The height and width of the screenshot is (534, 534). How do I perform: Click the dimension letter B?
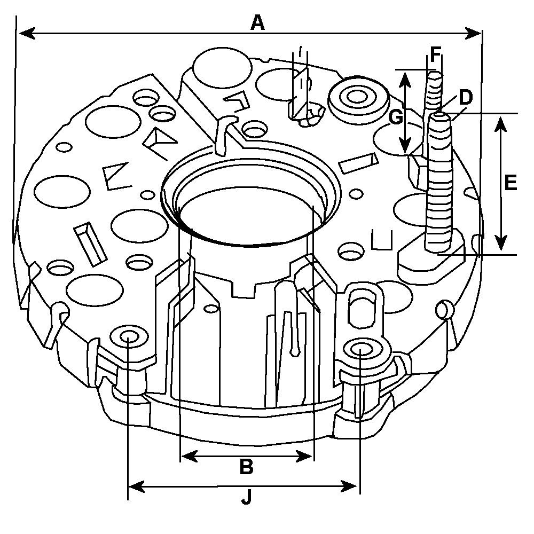tap(246, 467)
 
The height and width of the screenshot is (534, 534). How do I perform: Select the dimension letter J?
tap(246, 498)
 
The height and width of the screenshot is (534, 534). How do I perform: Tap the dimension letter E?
tap(510, 183)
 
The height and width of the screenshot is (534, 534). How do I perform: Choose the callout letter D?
tap(466, 97)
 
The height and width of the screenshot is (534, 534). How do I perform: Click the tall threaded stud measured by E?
tap(440, 182)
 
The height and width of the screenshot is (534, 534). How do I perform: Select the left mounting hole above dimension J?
tap(129, 336)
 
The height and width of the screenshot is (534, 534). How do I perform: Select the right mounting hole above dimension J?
tap(360, 350)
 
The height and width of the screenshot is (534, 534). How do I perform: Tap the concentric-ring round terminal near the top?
tap(357, 98)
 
